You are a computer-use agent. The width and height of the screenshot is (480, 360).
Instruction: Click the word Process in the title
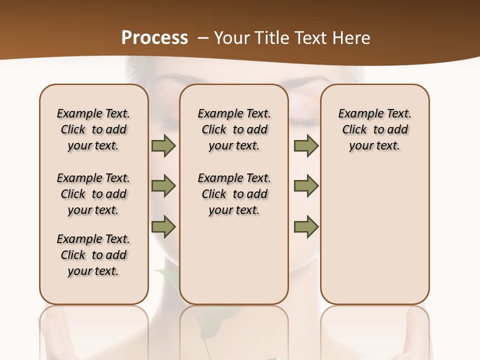point(154,38)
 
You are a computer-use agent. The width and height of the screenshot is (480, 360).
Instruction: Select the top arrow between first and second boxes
point(163,146)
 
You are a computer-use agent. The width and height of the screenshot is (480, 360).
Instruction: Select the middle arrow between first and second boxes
point(163,186)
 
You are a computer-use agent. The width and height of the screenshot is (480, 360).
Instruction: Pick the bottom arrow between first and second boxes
point(163,226)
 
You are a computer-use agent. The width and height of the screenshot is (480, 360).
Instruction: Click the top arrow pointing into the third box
point(306,146)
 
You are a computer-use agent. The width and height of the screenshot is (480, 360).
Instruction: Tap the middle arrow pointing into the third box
point(306,186)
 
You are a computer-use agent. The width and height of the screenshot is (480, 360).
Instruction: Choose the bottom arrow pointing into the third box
point(306,226)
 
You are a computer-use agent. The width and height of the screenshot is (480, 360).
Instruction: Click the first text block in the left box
point(93,129)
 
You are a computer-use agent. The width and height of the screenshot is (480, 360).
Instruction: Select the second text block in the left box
point(93,194)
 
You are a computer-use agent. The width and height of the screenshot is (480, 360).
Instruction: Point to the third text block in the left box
point(93,255)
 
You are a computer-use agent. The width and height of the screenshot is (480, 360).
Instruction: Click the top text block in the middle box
point(234,129)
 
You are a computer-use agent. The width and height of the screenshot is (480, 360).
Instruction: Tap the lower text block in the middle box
point(234,194)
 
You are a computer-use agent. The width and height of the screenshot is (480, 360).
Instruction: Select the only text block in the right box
point(374,129)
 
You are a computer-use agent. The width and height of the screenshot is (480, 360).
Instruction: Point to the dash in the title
point(202,38)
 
